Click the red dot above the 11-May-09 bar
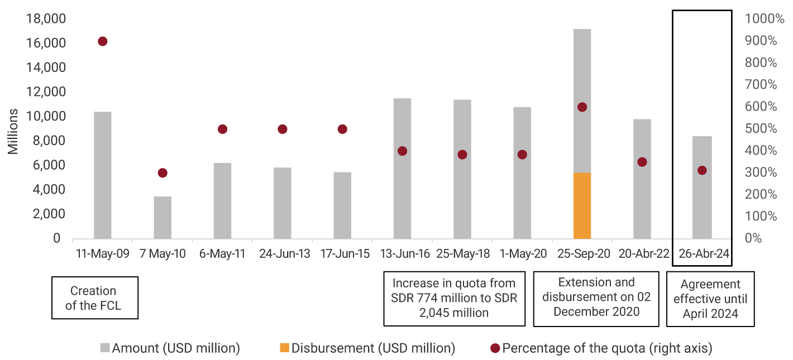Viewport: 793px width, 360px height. (102, 41)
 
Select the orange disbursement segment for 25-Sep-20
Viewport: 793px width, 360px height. (582, 205)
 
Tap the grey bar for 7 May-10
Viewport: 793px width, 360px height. (163, 218)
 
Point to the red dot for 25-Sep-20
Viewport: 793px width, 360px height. (582, 107)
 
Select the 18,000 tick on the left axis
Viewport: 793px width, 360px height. (46, 19)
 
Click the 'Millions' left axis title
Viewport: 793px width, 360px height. (13, 132)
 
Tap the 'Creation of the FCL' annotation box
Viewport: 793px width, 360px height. (94, 297)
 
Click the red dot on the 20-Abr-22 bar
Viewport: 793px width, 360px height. (642, 162)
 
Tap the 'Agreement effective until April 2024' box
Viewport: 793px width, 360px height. (710, 299)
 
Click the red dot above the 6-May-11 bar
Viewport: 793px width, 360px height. (222, 129)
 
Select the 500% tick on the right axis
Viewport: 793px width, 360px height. (761, 129)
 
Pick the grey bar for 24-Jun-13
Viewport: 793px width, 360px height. (282, 203)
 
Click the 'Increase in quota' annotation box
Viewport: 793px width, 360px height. (454, 297)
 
